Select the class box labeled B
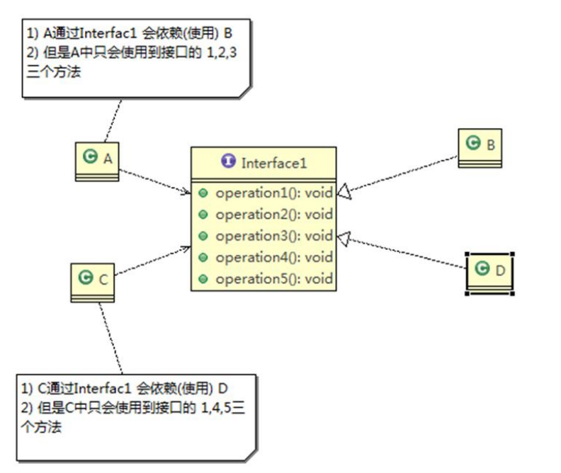pos(480,147)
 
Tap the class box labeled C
pos(93,280)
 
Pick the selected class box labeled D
pos(489,272)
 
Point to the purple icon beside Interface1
pos(228,162)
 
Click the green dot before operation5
pos(203,278)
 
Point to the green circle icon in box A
pos(90,157)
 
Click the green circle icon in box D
pos(482,269)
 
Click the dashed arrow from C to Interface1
pos(152,261)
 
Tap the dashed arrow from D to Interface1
pos(404,252)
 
